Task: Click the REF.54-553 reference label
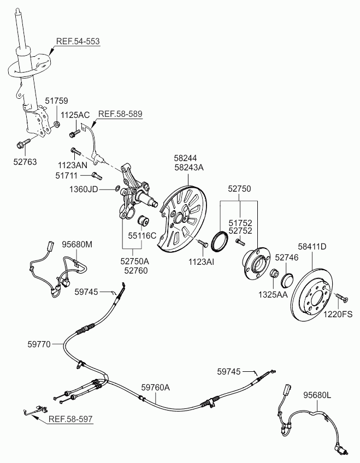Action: pyautogui.click(x=78, y=41)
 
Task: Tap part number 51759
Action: pyautogui.click(x=56, y=101)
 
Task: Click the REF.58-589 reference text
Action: pyautogui.click(x=120, y=114)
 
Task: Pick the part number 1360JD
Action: pyautogui.click(x=84, y=189)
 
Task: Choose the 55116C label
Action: pyautogui.click(x=142, y=236)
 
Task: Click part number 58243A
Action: pyautogui.click(x=188, y=168)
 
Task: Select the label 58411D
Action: pyautogui.click(x=311, y=247)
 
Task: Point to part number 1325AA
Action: pyautogui.click(x=273, y=294)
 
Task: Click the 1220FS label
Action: pyautogui.click(x=339, y=314)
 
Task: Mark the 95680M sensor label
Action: pyautogui.click(x=76, y=244)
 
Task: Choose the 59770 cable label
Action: pyautogui.click(x=39, y=344)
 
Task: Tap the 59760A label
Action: pyautogui.click(x=156, y=387)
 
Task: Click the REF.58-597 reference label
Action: pyautogui.click(x=70, y=419)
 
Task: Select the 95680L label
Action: pyautogui.click(x=317, y=395)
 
